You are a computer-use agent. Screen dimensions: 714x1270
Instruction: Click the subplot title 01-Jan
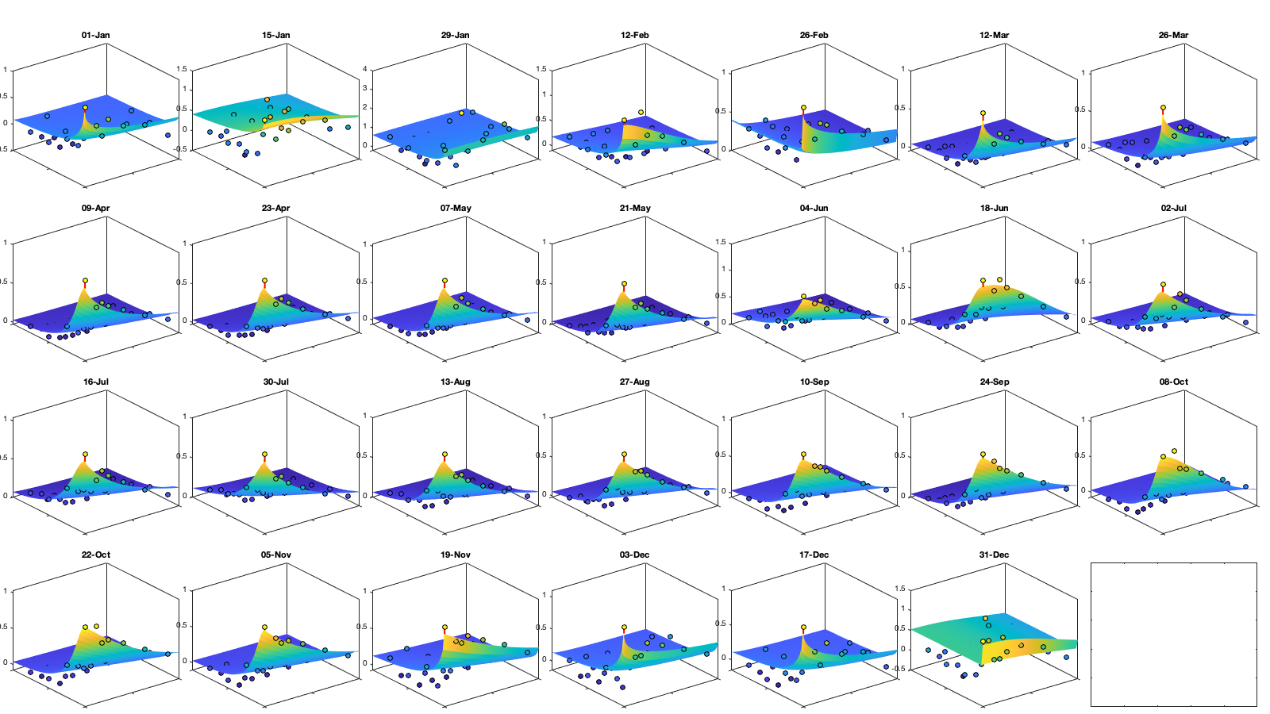point(95,35)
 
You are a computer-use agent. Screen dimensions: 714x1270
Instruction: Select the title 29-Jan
point(455,35)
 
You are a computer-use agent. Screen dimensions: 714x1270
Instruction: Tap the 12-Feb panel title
point(634,35)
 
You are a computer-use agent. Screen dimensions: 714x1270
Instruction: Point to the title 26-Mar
point(1173,35)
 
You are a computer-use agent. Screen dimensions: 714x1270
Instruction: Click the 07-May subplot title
point(456,208)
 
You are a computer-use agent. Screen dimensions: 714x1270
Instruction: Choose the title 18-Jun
point(994,208)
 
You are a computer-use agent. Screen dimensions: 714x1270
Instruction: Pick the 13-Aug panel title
point(455,382)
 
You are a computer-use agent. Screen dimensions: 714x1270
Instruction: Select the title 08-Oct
point(1173,382)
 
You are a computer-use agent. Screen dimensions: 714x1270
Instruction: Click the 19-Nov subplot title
point(455,555)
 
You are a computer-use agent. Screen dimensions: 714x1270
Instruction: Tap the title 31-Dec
point(994,555)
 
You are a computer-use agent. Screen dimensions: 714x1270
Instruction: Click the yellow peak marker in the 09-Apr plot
point(85,281)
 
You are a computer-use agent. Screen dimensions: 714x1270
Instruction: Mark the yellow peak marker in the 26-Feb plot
point(803,107)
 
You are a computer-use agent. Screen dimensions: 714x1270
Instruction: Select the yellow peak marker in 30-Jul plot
point(265,455)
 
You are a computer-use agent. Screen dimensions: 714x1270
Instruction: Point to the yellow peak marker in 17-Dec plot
point(803,628)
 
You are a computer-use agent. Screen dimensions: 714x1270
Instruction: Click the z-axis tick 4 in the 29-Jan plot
point(365,69)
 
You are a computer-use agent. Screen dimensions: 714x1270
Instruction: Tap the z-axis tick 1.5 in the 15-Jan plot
point(182,69)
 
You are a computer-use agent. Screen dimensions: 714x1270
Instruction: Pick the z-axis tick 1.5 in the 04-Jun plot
point(721,242)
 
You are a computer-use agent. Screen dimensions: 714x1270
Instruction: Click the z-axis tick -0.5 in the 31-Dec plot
point(899,669)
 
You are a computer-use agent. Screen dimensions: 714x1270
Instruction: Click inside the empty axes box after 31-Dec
point(1173,635)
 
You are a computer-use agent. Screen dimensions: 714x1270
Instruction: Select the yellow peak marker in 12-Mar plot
point(983,113)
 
